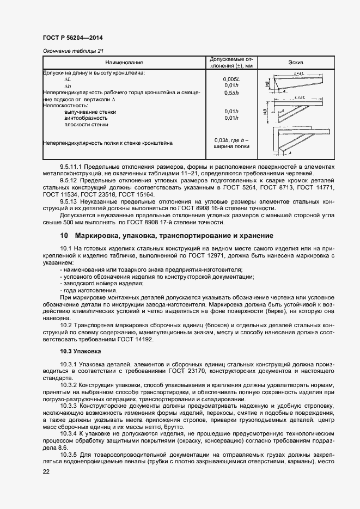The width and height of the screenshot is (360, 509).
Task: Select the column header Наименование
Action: [x=124, y=63]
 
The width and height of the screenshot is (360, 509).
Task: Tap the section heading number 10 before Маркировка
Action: [x=64, y=236]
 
